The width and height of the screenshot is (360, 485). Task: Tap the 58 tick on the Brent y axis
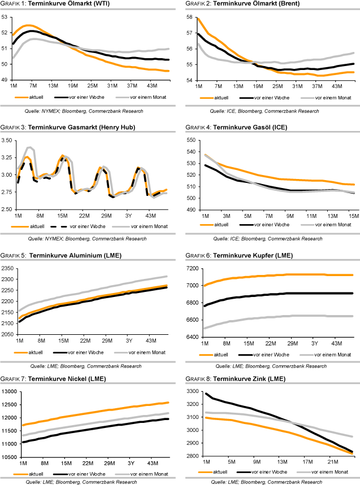pos(190,17)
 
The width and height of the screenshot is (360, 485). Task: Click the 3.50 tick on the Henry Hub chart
pos(8,140)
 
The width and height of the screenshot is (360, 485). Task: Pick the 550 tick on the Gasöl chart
pos(191,140)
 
